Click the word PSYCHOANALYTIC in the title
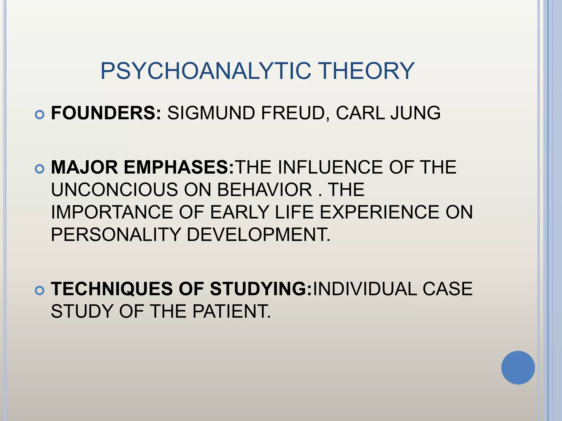[x=206, y=71]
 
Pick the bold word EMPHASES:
[x=179, y=167]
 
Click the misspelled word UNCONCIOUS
[x=114, y=190]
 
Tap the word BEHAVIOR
[x=265, y=190]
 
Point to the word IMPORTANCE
[x=112, y=212]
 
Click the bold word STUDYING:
[x=261, y=289]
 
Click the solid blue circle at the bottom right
[x=518, y=368]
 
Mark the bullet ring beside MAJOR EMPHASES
[x=40, y=169]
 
